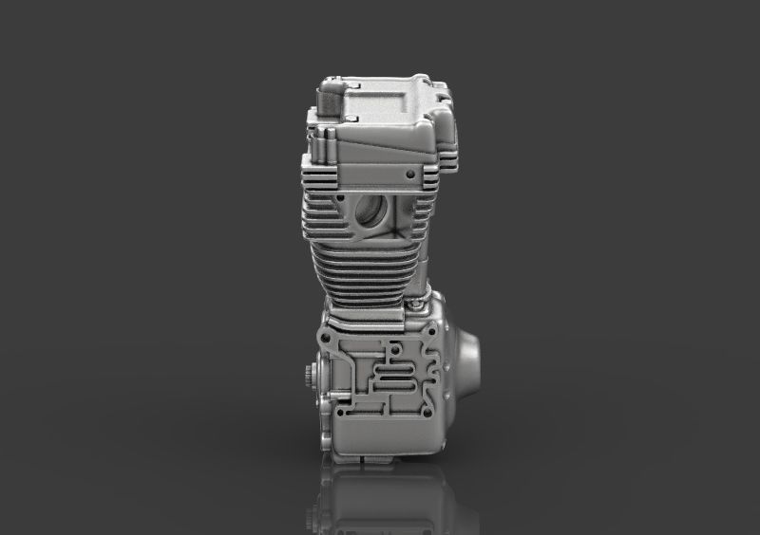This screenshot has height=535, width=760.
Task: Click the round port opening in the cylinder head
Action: pyautogui.click(x=373, y=212)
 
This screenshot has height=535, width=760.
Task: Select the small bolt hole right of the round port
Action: pyautogui.click(x=409, y=175)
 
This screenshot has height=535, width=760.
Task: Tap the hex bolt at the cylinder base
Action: pyautogui.click(x=418, y=307)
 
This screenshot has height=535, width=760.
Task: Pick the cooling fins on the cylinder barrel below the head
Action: pyautogui.click(x=366, y=266)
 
